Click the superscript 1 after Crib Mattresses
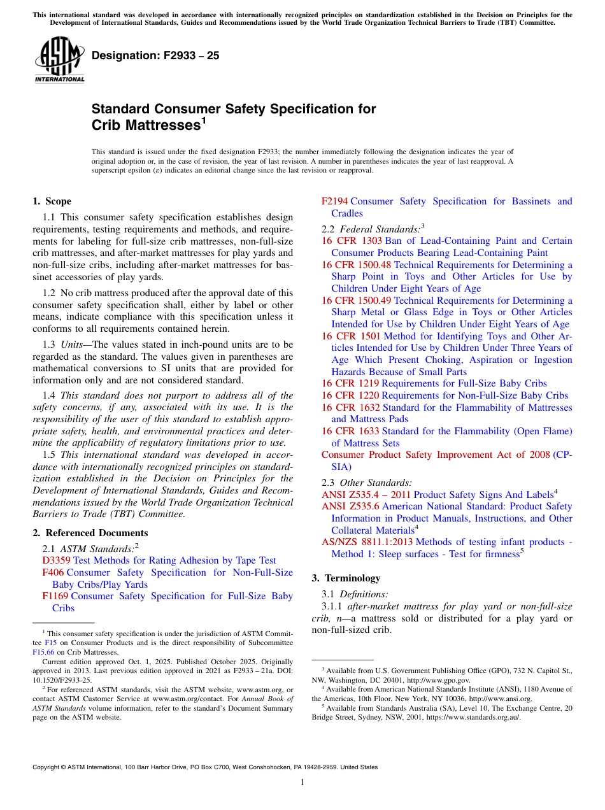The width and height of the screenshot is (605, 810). coord(204,120)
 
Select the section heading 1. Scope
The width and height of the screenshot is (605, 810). coord(52,201)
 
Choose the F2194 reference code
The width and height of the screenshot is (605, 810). coord(334,201)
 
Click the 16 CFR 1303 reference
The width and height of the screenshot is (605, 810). coord(352,241)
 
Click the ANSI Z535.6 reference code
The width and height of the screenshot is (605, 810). coord(350,506)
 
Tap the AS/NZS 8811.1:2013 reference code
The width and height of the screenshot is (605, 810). coord(367,542)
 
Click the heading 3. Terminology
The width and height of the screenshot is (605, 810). coord(346,578)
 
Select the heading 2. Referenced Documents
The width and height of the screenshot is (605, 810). coord(90,533)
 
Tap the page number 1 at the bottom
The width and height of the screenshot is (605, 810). coord(302,782)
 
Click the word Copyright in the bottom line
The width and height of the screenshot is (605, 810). coord(47,767)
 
